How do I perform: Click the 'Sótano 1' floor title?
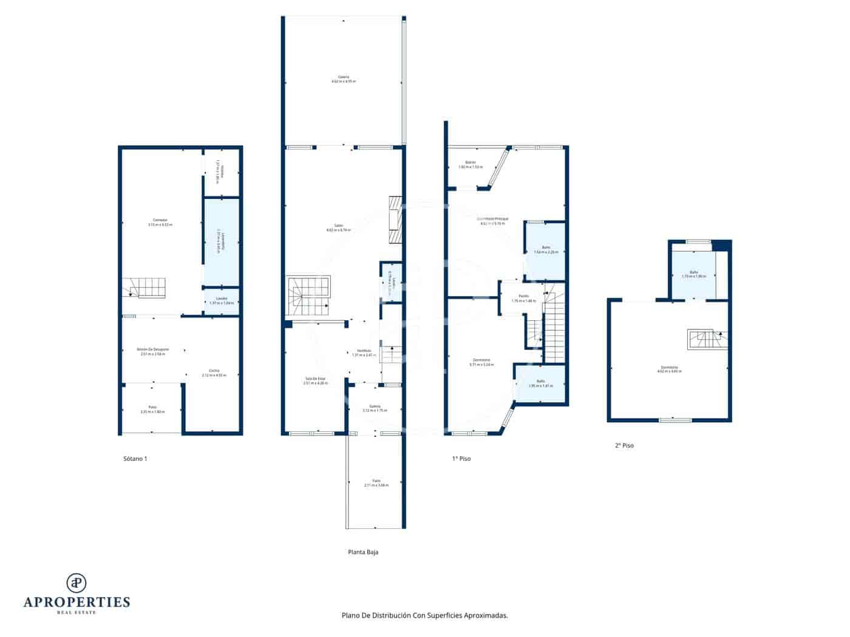[x=135, y=459]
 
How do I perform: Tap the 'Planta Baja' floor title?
[x=363, y=552]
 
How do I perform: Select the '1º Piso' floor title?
[x=461, y=459]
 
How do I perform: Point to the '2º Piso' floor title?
[x=624, y=445]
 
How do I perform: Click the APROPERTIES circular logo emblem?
[x=76, y=582]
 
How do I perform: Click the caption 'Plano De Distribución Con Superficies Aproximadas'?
[x=424, y=615]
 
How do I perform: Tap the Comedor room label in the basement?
[x=160, y=222]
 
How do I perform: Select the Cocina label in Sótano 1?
[x=214, y=373]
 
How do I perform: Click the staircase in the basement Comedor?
[x=144, y=288]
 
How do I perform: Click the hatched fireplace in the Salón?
[x=396, y=220]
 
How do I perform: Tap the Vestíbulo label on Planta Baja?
[x=364, y=352]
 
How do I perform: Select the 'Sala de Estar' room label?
[x=316, y=380]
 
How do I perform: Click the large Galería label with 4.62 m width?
[x=344, y=79]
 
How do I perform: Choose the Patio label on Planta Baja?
[x=376, y=483]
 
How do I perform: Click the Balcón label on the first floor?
[x=470, y=164]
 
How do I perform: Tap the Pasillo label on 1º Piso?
[x=523, y=298]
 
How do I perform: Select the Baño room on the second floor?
[x=693, y=274]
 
